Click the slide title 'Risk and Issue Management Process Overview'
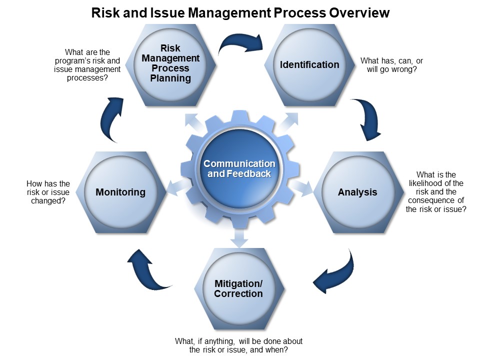(240, 12)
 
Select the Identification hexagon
(309, 64)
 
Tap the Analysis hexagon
(357, 192)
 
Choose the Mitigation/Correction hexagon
(238, 288)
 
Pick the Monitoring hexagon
(120, 192)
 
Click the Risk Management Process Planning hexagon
(170, 63)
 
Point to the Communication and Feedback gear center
(239, 169)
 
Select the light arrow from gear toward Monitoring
(172, 188)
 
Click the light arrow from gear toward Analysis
(302, 187)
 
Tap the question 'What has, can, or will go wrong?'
(391, 65)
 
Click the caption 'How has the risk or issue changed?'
(48, 192)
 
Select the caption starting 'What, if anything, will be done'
(238, 345)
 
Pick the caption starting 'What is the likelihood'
(436, 192)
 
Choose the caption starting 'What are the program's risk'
(87, 65)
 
